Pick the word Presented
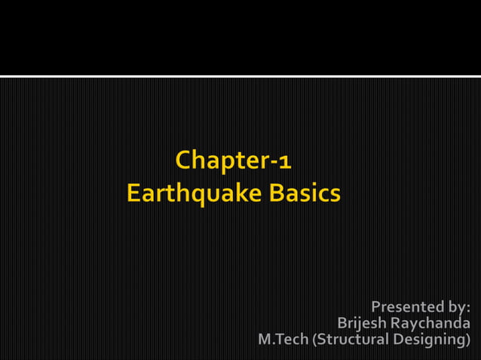(x=406, y=307)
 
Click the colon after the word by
(x=468, y=308)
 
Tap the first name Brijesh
(x=362, y=324)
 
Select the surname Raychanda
(x=430, y=324)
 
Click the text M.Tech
(x=283, y=340)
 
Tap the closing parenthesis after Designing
(x=468, y=341)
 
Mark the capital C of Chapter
(x=182, y=160)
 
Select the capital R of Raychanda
(x=395, y=324)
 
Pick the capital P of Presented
(x=376, y=307)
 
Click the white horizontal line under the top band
(x=240, y=76)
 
